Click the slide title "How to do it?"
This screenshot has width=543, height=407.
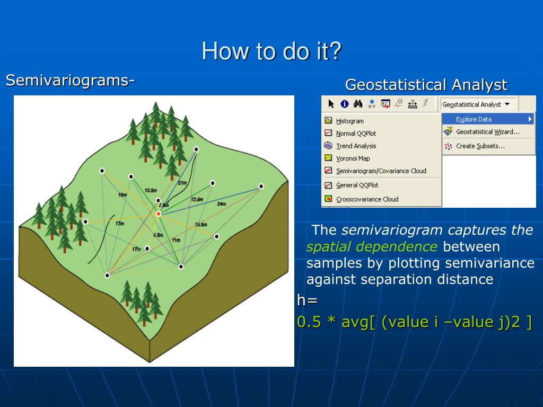pyautogui.click(x=271, y=51)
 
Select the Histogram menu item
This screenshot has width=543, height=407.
pyautogui.click(x=350, y=121)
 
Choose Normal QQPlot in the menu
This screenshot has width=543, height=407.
pyautogui.click(x=356, y=133)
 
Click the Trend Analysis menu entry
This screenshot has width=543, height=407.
pyautogui.click(x=356, y=146)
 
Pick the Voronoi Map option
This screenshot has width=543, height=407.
pyautogui.click(x=353, y=158)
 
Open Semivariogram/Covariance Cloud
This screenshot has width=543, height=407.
pyautogui.click(x=381, y=171)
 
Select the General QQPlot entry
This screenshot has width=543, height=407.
pyautogui.click(x=357, y=185)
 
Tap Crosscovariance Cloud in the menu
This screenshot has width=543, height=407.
pyautogui.click(x=367, y=199)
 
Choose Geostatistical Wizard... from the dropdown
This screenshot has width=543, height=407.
pyautogui.click(x=488, y=131)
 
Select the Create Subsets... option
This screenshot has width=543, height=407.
pyautogui.click(x=480, y=146)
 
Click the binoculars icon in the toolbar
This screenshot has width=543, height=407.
pyautogui.click(x=358, y=103)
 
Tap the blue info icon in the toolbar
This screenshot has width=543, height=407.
pyautogui.click(x=345, y=104)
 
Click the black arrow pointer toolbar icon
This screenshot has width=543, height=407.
pyautogui.click(x=331, y=104)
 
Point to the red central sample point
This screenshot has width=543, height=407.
pyautogui.click(x=159, y=214)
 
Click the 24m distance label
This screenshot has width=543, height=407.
pyautogui.click(x=221, y=204)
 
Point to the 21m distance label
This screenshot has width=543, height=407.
pyautogui.click(x=182, y=183)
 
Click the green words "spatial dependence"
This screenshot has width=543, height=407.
pyautogui.click(x=372, y=247)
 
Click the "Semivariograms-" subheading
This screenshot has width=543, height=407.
pyautogui.click(x=70, y=81)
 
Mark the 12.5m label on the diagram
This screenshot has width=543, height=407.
pyautogui.click(x=197, y=199)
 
